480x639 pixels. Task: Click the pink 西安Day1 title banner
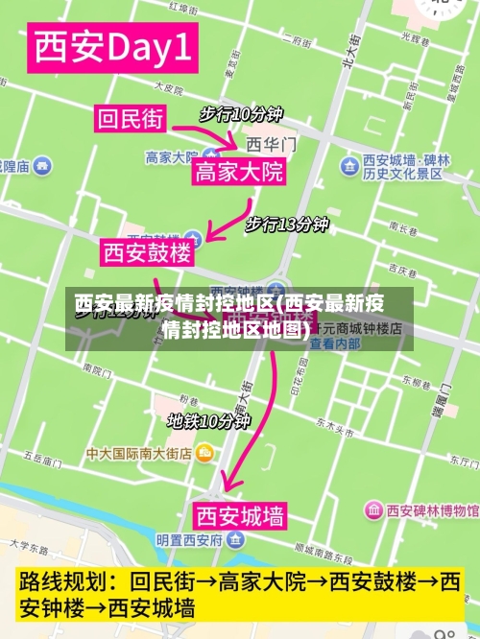[113, 49]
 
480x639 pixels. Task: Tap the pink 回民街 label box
[130, 119]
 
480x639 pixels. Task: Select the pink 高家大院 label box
[239, 173]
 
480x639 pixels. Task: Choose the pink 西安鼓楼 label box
[148, 253]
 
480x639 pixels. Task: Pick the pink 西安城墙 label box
[240, 517]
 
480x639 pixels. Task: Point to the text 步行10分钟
[241, 114]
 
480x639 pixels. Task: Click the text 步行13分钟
[286, 225]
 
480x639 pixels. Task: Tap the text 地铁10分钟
[208, 420]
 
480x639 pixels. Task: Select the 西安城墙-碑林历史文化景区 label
[402, 167]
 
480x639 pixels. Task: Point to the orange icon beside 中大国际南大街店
[204, 453]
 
